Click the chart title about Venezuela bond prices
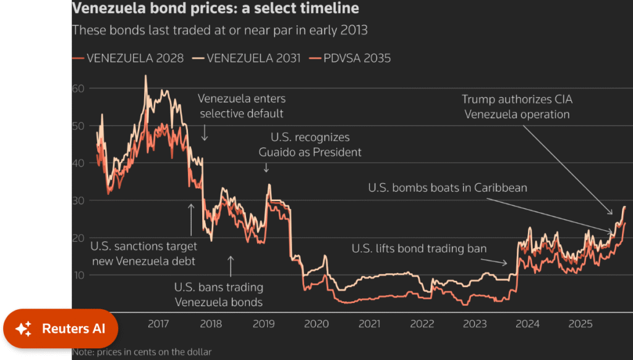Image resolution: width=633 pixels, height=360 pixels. (215, 9)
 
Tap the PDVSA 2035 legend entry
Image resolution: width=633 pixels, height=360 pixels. (357, 58)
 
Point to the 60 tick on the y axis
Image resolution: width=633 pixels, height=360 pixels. (77, 88)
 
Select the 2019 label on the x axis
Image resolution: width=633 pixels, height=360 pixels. (264, 324)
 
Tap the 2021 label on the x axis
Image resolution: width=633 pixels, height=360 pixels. (369, 324)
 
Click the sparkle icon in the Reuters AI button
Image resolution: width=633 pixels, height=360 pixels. (23, 329)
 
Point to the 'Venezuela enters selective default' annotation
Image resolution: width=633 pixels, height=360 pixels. (242, 106)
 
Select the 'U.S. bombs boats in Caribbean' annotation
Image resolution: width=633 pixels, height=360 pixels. (448, 187)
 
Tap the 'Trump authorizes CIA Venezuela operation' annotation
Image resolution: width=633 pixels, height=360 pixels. (517, 106)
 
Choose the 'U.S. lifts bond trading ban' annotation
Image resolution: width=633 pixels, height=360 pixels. (419, 249)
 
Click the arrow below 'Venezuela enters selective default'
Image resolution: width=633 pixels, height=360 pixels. (205, 132)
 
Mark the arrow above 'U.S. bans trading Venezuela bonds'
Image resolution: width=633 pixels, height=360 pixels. (231, 266)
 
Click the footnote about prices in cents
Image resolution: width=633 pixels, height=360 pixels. (142, 352)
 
